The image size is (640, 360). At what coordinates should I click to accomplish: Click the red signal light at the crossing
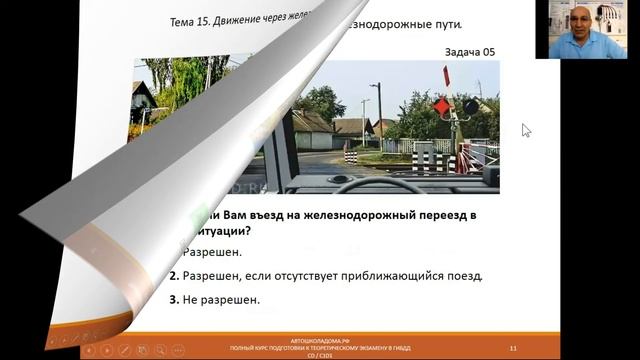pyautogui.click(x=440, y=105)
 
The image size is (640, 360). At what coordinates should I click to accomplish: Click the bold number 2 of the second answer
pyautogui.click(x=173, y=275)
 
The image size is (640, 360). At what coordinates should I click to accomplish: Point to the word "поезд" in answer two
pyautogui.click(x=463, y=275)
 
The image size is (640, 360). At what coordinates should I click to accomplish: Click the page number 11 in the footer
pyautogui.click(x=512, y=347)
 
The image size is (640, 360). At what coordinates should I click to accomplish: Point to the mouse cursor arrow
pyautogui.click(x=526, y=129)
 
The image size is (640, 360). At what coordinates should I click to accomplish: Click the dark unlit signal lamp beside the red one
pyautogui.click(x=469, y=105)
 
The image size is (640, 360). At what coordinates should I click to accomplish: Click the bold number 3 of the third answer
pyautogui.click(x=173, y=299)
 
